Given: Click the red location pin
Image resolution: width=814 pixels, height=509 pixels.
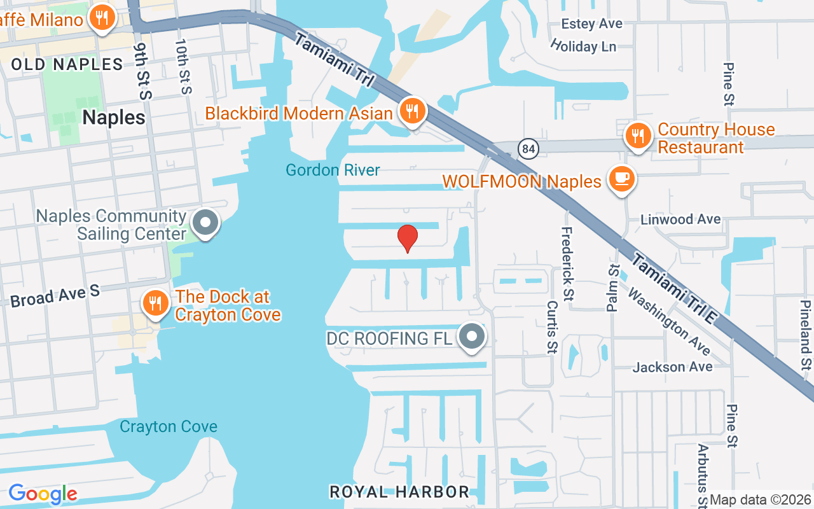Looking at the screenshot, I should (407, 238).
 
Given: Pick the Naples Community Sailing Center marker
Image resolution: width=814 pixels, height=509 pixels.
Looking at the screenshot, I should (205, 223).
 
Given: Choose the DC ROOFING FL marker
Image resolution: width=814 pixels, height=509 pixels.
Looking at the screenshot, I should (472, 337).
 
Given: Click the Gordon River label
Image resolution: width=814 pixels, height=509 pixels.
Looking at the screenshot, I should (333, 170).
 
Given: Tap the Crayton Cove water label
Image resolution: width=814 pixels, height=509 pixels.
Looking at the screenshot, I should (169, 426).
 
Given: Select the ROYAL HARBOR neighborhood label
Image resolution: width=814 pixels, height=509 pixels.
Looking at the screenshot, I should (399, 492).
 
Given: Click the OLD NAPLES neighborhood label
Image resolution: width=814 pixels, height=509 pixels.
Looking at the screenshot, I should (67, 64).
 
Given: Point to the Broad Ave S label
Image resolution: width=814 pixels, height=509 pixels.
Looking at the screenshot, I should (55, 296).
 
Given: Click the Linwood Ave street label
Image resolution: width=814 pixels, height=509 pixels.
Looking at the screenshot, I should (680, 220).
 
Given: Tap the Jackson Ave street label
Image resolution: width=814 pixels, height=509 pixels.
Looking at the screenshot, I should (672, 367).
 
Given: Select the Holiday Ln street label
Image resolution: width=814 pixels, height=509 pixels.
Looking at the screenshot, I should (584, 46).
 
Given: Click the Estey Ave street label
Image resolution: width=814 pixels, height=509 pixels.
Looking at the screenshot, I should (591, 24).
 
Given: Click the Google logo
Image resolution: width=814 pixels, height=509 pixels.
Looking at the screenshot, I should (43, 494).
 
